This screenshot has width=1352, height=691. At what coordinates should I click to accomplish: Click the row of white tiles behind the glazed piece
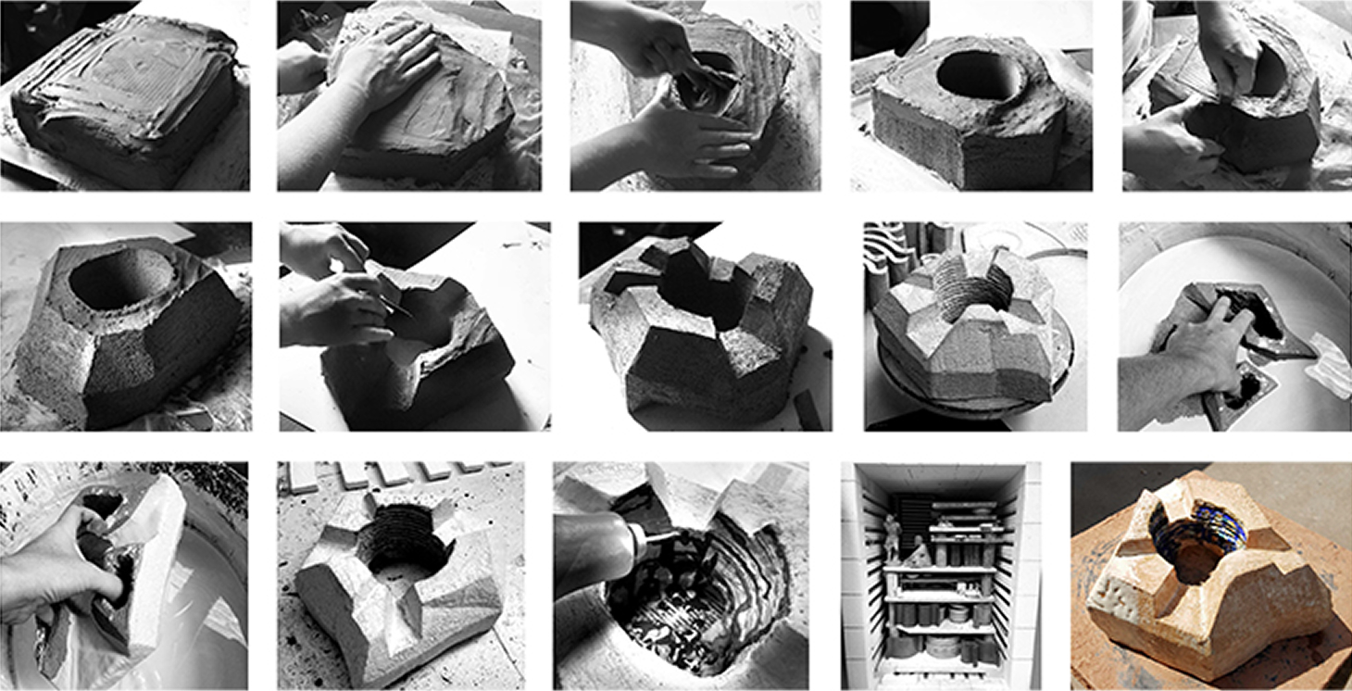click(398, 474)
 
